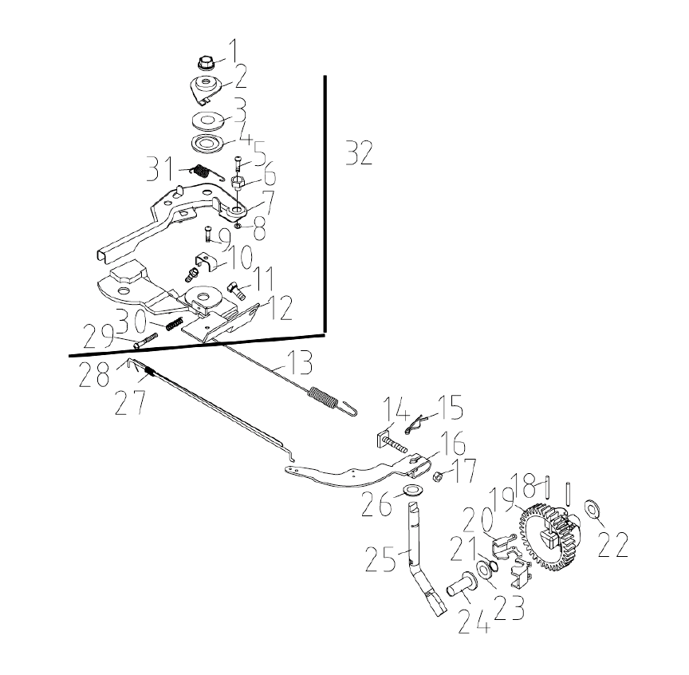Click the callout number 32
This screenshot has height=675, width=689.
(359, 152)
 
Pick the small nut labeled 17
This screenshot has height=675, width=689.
(438, 476)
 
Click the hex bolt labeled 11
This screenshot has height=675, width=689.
(236, 290)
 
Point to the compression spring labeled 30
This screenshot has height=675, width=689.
(175, 324)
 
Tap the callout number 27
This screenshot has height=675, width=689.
(130, 402)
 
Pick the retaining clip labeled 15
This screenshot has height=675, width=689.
(415, 423)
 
